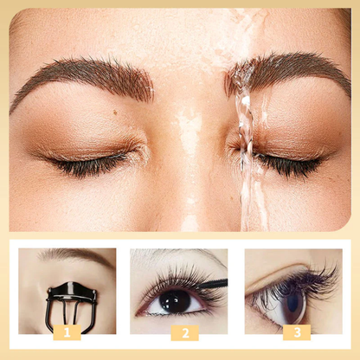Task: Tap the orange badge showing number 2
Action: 183,332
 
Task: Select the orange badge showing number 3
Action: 298,331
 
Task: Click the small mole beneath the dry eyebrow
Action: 115,111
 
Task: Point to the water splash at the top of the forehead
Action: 251,26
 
